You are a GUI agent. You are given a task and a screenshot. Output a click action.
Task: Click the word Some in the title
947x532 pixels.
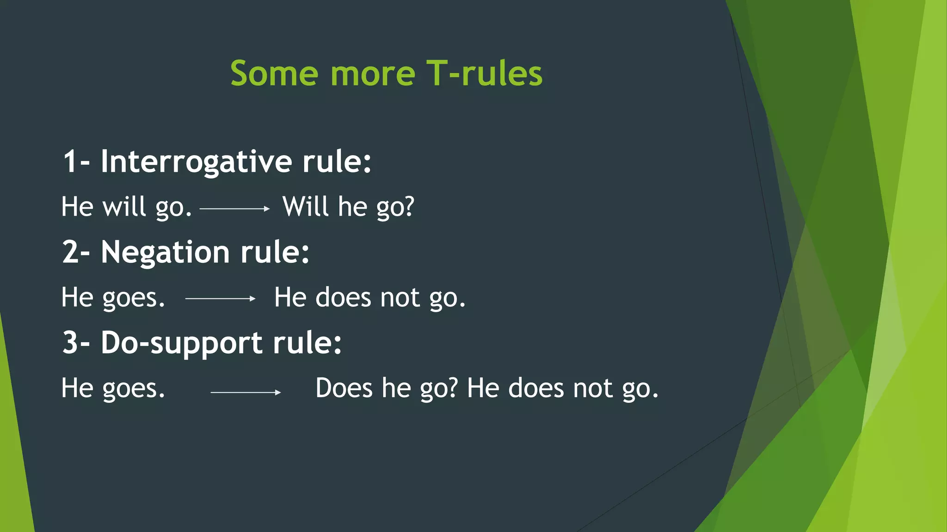(x=274, y=73)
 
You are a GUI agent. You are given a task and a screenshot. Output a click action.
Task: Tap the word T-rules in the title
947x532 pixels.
(x=484, y=73)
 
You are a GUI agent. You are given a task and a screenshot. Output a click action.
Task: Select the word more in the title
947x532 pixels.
(x=373, y=74)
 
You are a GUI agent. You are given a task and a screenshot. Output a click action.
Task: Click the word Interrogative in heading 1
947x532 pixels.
(x=197, y=162)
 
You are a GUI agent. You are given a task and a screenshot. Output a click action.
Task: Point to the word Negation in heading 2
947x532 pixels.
(x=165, y=253)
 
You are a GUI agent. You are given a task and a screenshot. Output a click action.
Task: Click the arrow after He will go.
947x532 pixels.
(x=234, y=209)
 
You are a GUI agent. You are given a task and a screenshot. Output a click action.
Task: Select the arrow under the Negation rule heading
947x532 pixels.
(x=220, y=299)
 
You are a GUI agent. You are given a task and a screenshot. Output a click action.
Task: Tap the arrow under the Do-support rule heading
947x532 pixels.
(x=246, y=393)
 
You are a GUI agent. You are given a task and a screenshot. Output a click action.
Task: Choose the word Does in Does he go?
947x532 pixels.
(x=344, y=388)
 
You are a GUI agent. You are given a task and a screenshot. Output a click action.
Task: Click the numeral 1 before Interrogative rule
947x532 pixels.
(x=69, y=162)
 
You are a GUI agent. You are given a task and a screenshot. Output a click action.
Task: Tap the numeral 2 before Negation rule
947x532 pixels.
(x=70, y=253)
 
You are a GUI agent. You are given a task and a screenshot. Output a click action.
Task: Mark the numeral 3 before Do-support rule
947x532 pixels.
(x=70, y=343)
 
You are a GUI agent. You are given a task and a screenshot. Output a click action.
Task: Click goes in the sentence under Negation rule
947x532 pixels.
(x=133, y=298)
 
